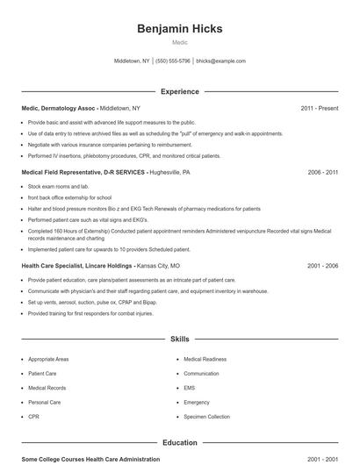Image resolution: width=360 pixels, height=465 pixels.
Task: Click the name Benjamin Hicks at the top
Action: [x=180, y=28]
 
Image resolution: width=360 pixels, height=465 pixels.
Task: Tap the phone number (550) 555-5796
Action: [x=173, y=61]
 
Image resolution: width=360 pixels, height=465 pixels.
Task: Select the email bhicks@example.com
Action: [x=220, y=61]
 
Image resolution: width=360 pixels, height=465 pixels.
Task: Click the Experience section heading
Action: [x=180, y=91]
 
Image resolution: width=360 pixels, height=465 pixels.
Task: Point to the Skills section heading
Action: [x=180, y=338]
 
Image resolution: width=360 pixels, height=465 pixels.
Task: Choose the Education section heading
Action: [x=180, y=443]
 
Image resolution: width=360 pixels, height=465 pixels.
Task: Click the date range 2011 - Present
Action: [x=319, y=108]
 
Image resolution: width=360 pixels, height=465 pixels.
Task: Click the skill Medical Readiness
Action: [x=205, y=360]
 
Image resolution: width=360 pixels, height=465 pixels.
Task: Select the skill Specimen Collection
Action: [x=206, y=417]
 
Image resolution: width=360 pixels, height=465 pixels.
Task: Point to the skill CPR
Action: [x=33, y=417]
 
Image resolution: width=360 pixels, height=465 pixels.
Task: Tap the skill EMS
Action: [x=190, y=388]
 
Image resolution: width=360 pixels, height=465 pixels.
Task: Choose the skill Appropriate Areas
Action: [x=48, y=360]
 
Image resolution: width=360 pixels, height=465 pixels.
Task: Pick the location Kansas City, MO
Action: [x=158, y=265]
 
